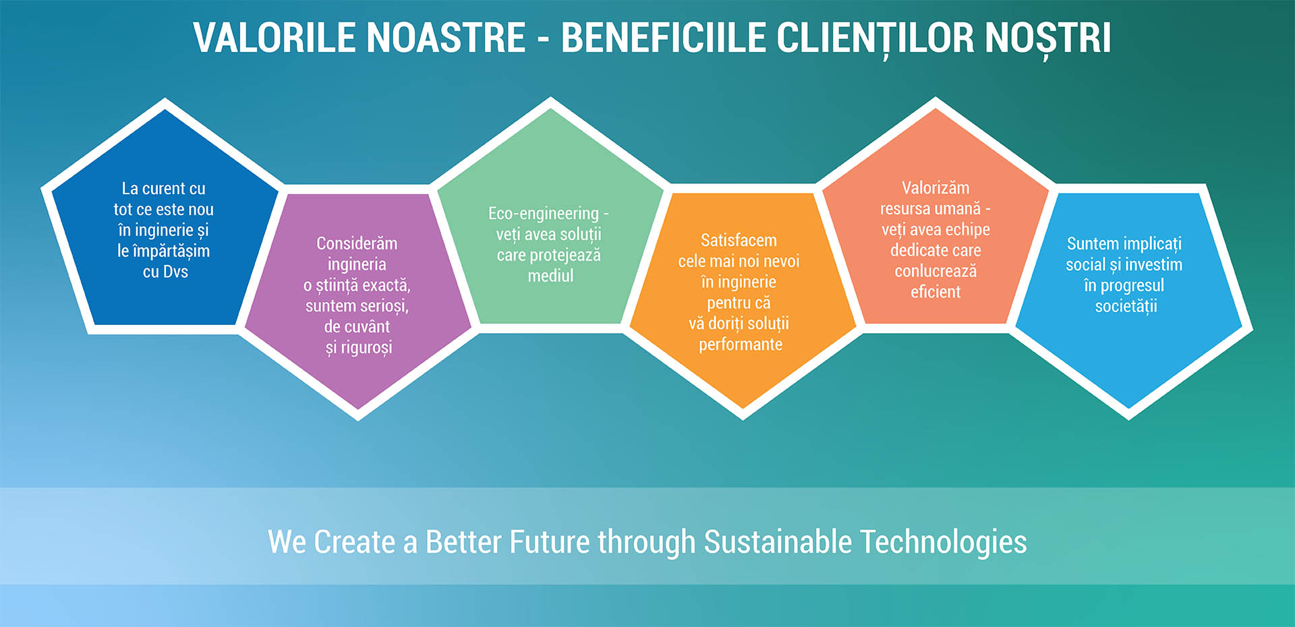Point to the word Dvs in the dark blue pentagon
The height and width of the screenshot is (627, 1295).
tap(175, 272)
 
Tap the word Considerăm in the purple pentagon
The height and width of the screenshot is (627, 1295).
tap(357, 243)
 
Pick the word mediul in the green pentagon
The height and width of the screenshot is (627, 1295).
tap(550, 276)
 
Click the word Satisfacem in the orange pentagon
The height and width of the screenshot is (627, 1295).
tap(739, 241)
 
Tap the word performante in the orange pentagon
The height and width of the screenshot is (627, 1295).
tap(741, 345)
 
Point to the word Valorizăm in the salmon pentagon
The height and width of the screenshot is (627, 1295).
tap(936, 188)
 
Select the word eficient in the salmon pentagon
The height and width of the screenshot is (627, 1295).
tap(936, 292)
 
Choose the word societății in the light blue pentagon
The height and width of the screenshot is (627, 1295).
tap(1126, 307)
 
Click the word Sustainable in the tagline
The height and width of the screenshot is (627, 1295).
tap(778, 542)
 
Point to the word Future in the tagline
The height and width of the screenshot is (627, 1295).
tap(549, 542)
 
